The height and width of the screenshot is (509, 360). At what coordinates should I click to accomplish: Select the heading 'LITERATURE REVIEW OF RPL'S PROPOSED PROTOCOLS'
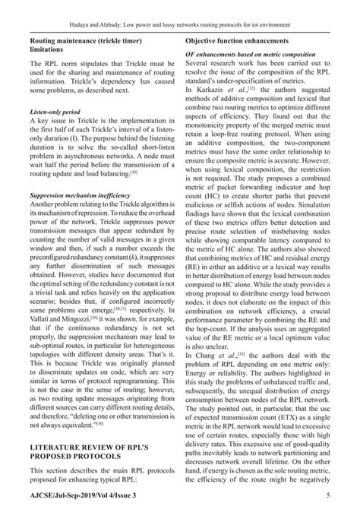click(x=91, y=431)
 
